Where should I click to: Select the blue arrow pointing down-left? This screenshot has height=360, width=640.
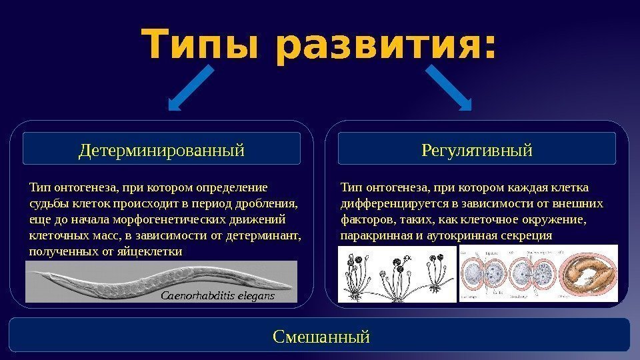(x=191, y=87)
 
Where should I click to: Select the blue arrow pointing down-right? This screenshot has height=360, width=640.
(x=448, y=87)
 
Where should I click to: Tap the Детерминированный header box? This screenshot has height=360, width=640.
(x=162, y=149)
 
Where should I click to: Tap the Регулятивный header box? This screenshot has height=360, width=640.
(x=477, y=149)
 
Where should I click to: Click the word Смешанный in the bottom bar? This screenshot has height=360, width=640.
(x=321, y=335)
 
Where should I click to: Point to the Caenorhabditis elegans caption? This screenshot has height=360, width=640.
(x=219, y=294)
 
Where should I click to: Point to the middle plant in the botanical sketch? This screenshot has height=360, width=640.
(x=393, y=277)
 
